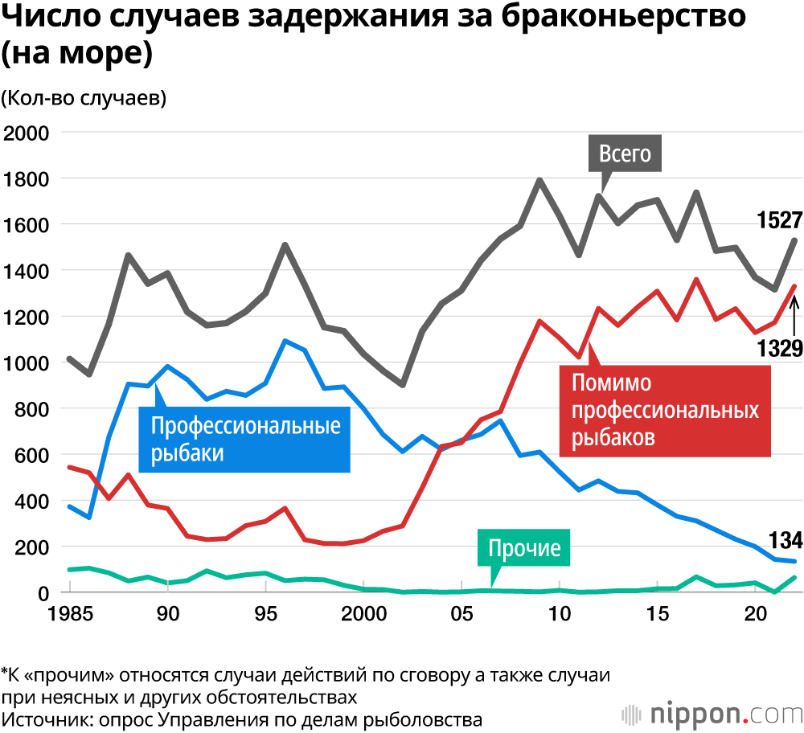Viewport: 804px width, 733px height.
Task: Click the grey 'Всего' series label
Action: [625, 153]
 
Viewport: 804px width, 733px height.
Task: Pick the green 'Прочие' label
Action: [523, 549]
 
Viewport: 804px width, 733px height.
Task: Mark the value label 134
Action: [782, 538]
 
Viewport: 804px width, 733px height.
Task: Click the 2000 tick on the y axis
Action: [27, 133]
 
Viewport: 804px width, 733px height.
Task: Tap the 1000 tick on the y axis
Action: [27, 363]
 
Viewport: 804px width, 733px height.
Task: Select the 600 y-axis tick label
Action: [31, 455]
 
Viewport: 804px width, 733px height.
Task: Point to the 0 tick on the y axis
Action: [43, 593]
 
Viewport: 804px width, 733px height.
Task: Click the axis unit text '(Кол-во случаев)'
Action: [84, 98]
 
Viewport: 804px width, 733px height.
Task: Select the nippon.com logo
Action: [712, 713]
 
